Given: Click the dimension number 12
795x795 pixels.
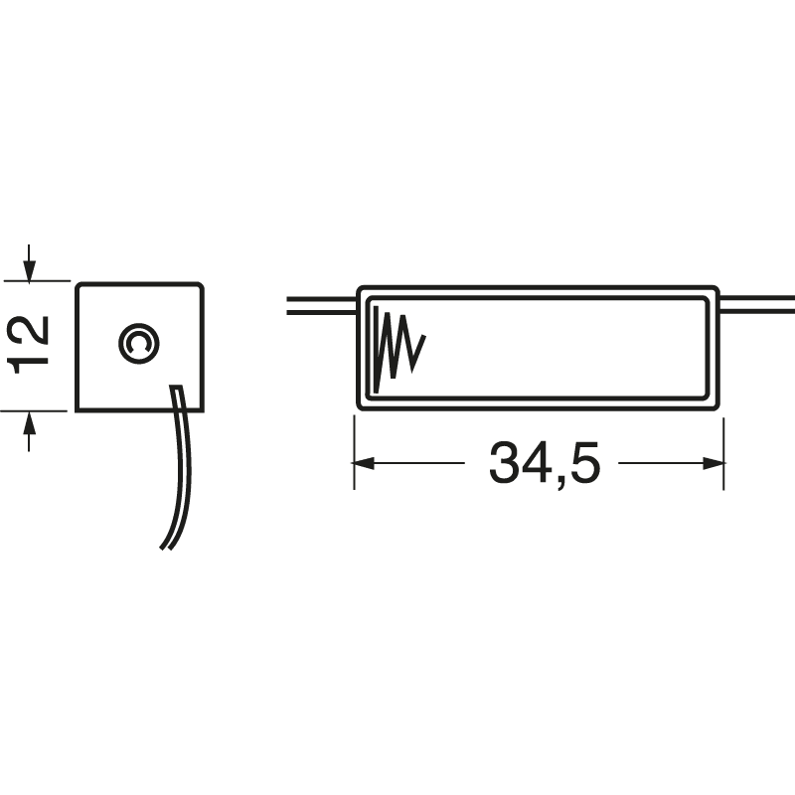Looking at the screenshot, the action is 28,345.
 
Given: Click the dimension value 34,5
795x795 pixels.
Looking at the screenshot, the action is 544,463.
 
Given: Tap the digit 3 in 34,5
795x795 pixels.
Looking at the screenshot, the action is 504,462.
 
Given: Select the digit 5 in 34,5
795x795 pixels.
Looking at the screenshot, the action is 584,462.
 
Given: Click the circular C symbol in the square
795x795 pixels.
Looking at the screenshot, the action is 139,343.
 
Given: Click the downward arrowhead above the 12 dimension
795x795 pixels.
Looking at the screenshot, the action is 29,271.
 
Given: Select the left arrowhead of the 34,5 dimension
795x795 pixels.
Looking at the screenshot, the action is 364,463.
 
